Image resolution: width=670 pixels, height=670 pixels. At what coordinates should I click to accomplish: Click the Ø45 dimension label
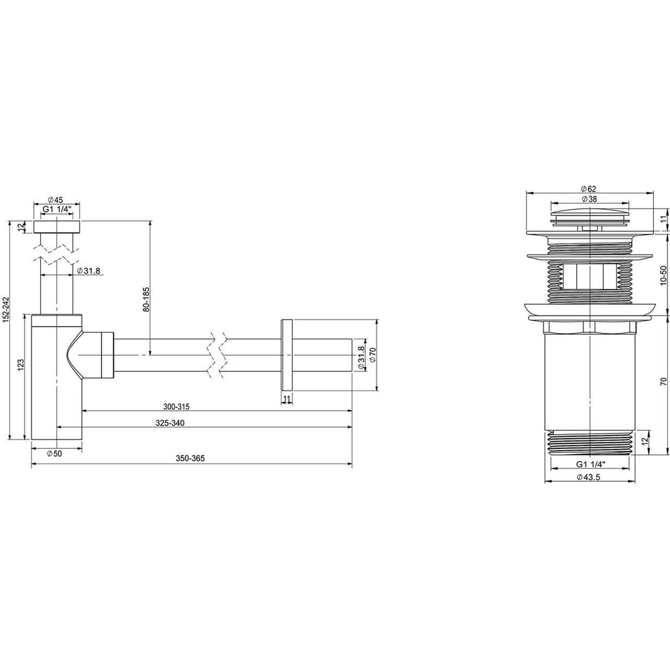coord(56,200)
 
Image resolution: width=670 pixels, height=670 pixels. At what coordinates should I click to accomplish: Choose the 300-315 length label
coord(176,407)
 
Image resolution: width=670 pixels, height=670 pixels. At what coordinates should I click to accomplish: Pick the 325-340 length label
coord(170,423)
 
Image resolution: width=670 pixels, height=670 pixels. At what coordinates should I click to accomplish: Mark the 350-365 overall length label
coord(190,458)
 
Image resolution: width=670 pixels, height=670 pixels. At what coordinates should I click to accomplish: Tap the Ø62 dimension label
coord(589,189)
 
